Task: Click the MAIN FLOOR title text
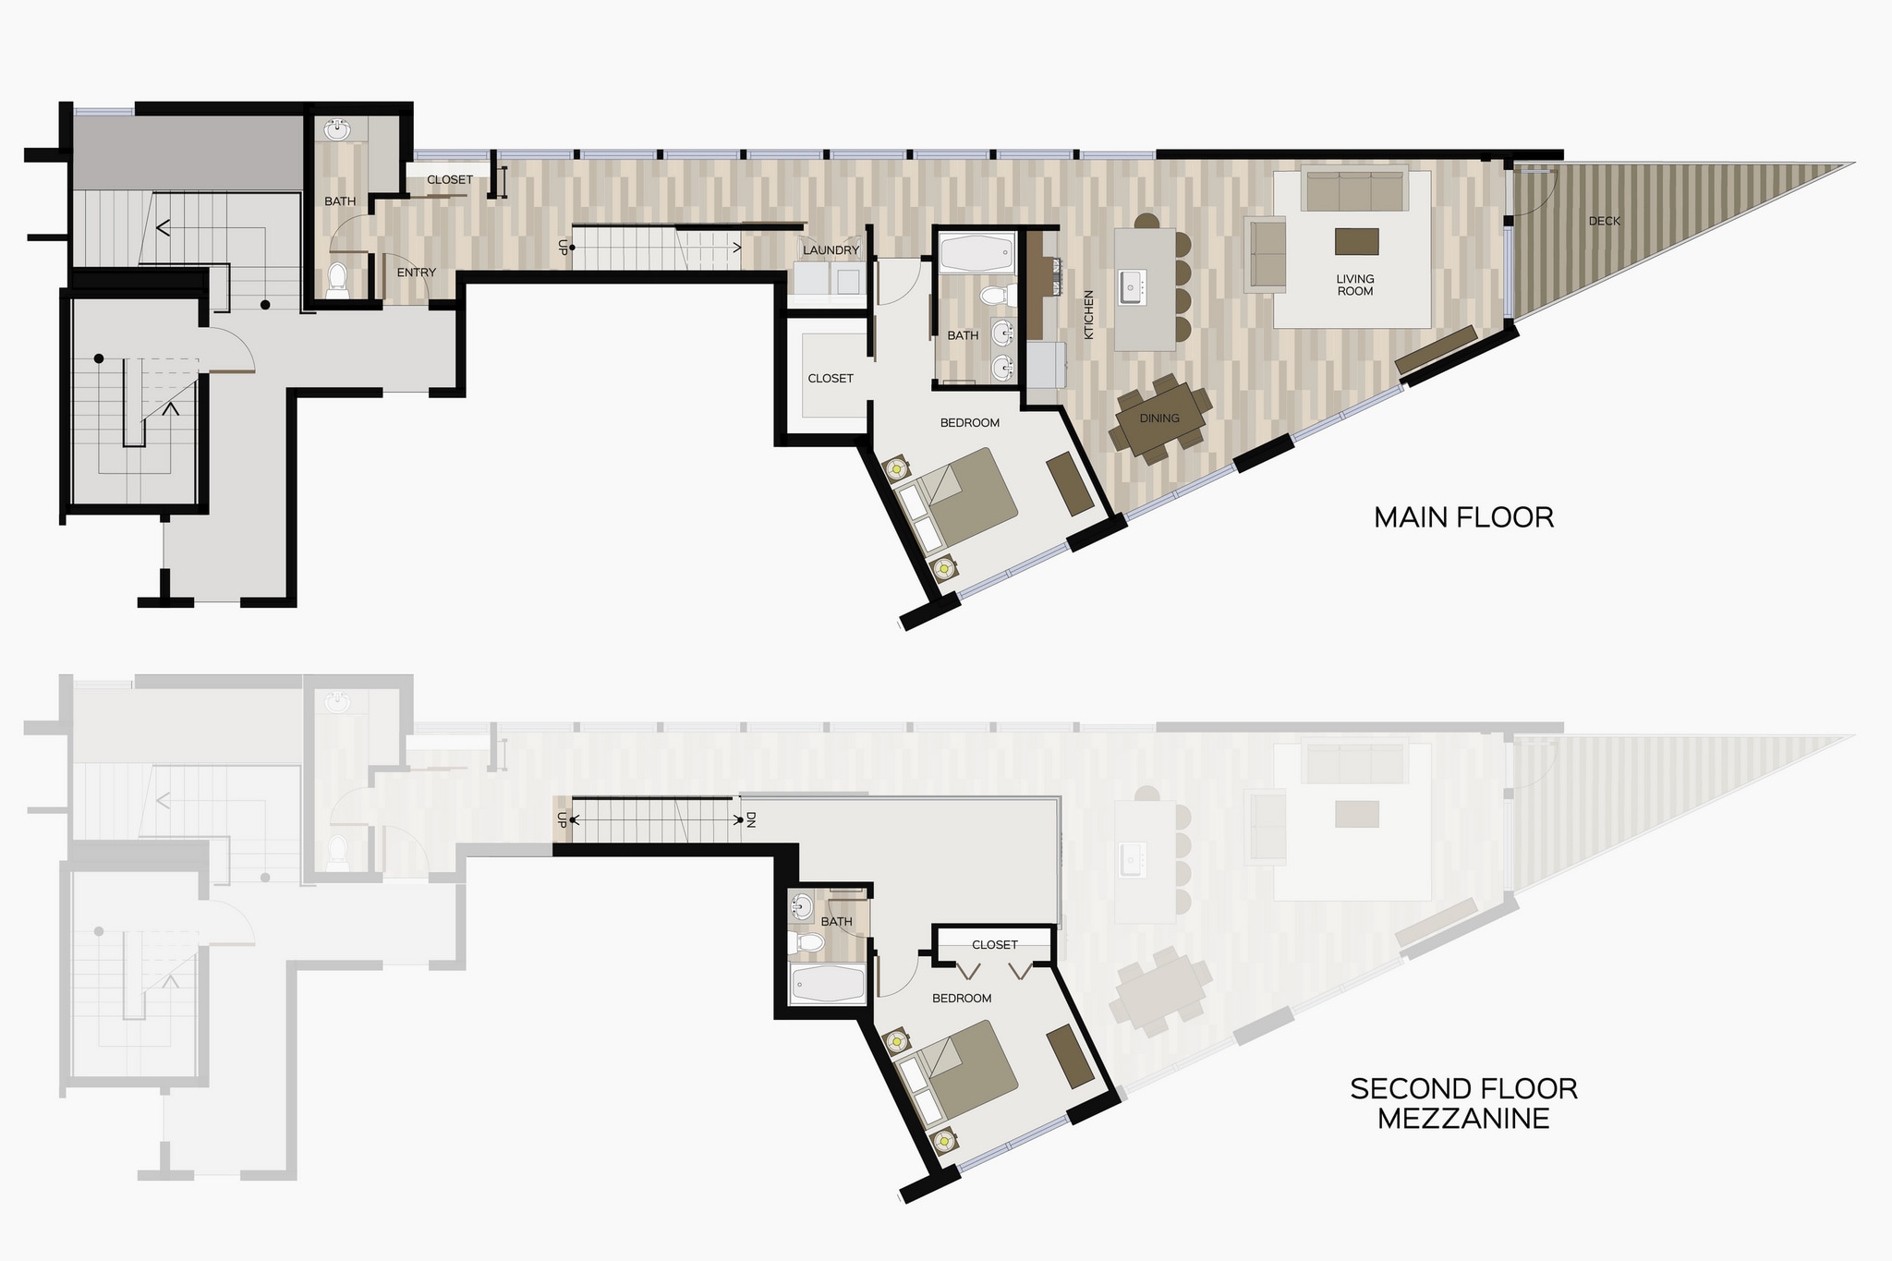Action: pyautogui.click(x=1463, y=517)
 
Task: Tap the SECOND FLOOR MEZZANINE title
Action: pyautogui.click(x=1463, y=1103)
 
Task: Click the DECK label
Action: pyautogui.click(x=1604, y=222)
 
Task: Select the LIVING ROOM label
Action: pyautogui.click(x=1355, y=285)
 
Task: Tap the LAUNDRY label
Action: pyautogui.click(x=831, y=250)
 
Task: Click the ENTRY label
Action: pyautogui.click(x=416, y=273)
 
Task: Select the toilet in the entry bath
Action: pyautogui.click(x=337, y=278)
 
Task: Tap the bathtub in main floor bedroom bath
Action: pyautogui.click(x=976, y=252)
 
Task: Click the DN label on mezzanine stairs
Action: pyautogui.click(x=751, y=819)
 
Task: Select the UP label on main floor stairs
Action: pyautogui.click(x=562, y=247)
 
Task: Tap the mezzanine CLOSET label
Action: pyautogui.click(x=994, y=945)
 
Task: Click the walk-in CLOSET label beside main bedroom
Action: pyautogui.click(x=830, y=379)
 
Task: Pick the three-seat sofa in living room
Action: pyautogui.click(x=1353, y=189)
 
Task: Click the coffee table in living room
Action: pyautogui.click(x=1356, y=241)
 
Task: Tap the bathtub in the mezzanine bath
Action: pyautogui.click(x=829, y=984)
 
